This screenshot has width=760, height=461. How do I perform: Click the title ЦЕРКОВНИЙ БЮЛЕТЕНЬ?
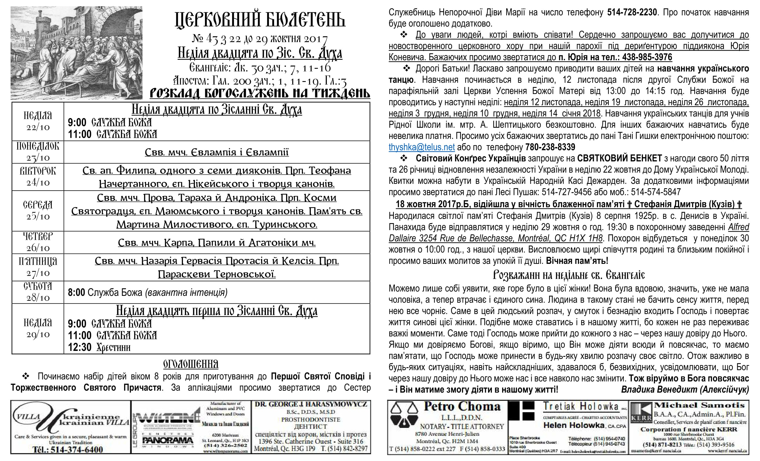click(260, 20)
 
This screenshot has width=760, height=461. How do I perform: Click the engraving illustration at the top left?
click(77, 53)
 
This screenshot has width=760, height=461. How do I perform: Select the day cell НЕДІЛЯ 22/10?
click(38, 121)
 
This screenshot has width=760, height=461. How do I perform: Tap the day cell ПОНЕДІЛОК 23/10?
click(38, 152)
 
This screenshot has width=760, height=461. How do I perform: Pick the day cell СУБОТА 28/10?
click(38, 292)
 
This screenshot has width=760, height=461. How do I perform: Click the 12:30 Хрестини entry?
click(99, 347)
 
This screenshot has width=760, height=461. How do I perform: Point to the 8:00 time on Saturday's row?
click(76, 292)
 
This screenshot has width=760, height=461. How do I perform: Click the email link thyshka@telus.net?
click(421, 147)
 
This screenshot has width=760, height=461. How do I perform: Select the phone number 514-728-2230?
click(632, 12)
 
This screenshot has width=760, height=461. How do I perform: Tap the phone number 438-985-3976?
click(647, 57)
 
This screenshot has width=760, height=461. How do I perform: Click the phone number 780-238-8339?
click(550, 147)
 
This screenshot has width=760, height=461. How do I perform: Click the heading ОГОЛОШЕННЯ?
click(191, 364)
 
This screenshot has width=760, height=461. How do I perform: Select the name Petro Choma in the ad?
click(462, 406)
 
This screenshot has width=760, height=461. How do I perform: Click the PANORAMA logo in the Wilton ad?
click(168, 441)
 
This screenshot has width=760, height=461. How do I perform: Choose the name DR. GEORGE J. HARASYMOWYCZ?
click(311, 404)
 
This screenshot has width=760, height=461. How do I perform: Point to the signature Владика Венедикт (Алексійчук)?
click(685, 389)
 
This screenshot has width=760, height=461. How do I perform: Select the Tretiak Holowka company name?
click(581, 407)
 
